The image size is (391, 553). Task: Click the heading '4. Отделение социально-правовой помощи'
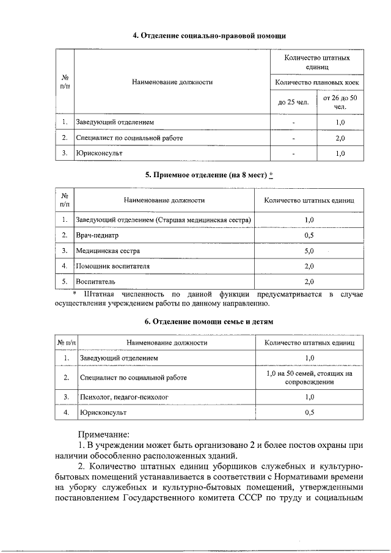(x=210, y=36)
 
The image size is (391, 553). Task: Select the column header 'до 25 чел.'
(x=293, y=102)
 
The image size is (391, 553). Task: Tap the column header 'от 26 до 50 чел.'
(x=340, y=102)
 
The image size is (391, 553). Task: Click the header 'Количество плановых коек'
(x=317, y=82)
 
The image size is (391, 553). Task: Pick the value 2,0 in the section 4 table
(x=340, y=138)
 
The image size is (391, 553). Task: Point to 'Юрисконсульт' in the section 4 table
(x=99, y=153)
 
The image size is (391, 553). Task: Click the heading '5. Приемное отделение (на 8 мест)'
(x=205, y=175)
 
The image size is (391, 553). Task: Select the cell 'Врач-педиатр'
(x=97, y=235)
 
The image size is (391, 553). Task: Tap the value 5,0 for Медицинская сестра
(x=309, y=251)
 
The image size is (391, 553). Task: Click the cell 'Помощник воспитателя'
(x=112, y=266)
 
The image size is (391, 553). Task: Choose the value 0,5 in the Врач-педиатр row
(x=309, y=235)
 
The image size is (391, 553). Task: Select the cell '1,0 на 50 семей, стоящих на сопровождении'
(x=309, y=377)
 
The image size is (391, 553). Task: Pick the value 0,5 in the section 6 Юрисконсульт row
(x=309, y=413)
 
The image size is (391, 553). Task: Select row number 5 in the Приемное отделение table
(x=64, y=282)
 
